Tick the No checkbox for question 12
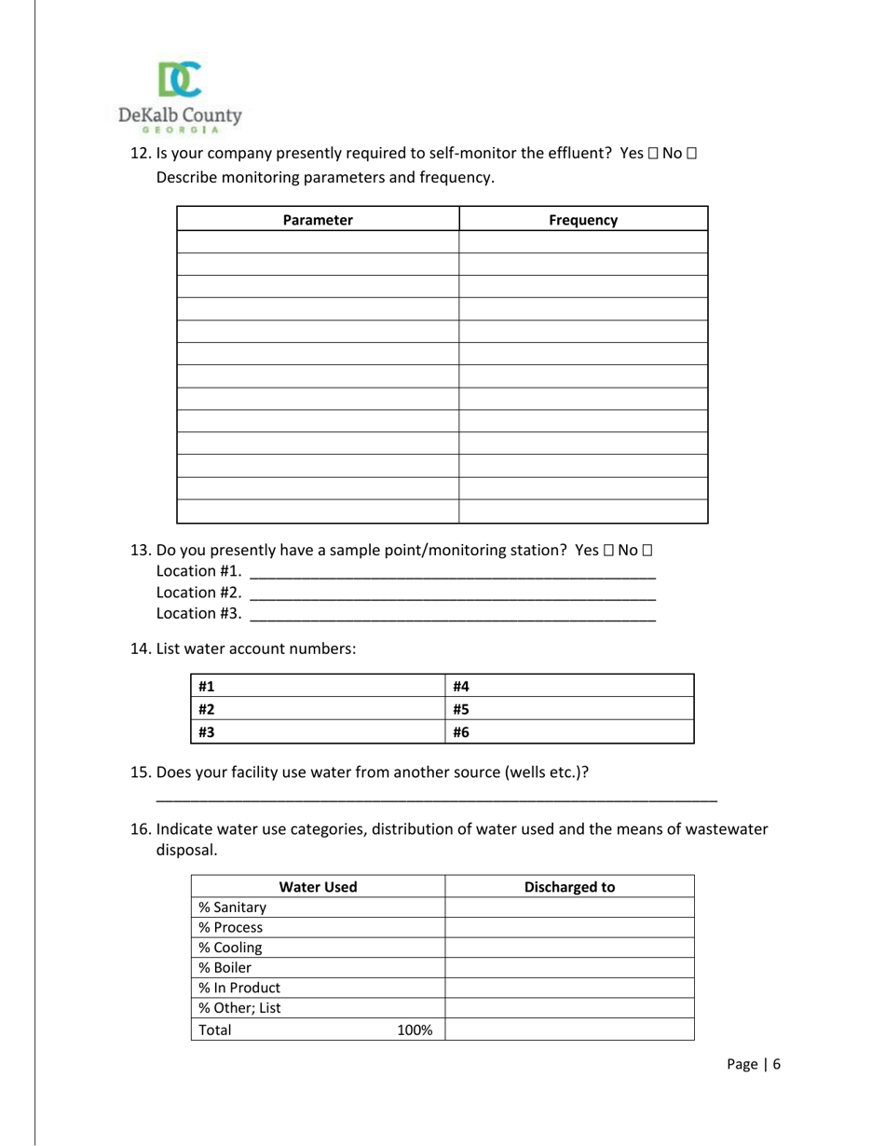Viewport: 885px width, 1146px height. (x=690, y=154)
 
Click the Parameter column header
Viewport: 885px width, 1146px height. (x=318, y=220)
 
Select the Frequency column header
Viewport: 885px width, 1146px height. (x=583, y=220)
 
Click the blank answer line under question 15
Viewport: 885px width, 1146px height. (x=436, y=799)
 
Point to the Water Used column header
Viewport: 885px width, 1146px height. (x=318, y=887)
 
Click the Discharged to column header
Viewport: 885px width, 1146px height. (x=570, y=887)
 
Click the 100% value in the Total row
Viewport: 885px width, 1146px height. (x=415, y=1030)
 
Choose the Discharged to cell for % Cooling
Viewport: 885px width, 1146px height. (x=570, y=948)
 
